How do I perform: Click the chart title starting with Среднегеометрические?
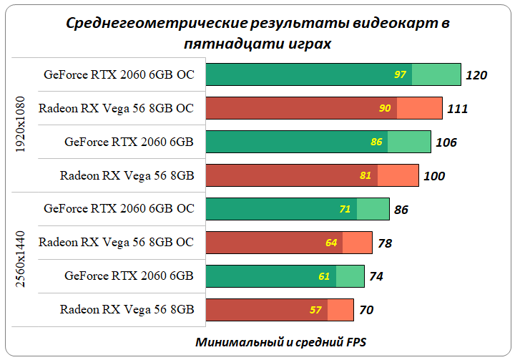(x=257, y=33)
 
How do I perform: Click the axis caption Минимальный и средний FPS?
(x=281, y=342)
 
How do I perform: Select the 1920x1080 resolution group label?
(x=20, y=125)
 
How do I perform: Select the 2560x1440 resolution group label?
(x=20, y=260)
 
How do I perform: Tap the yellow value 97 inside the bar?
(x=400, y=74)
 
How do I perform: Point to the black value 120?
(x=476, y=75)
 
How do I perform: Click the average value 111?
(x=457, y=109)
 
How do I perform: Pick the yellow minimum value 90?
(x=385, y=108)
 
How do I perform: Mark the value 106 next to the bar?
(x=446, y=142)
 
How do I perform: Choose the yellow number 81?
(x=366, y=175)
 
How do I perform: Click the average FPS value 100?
(x=434, y=176)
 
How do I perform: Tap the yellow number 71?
(x=345, y=209)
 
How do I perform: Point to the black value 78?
(x=385, y=243)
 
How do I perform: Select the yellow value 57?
(x=315, y=310)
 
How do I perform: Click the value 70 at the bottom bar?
(x=366, y=311)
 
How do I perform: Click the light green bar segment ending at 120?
(x=436, y=74)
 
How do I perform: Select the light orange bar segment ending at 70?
(x=340, y=310)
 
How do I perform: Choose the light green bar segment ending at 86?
(x=373, y=209)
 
